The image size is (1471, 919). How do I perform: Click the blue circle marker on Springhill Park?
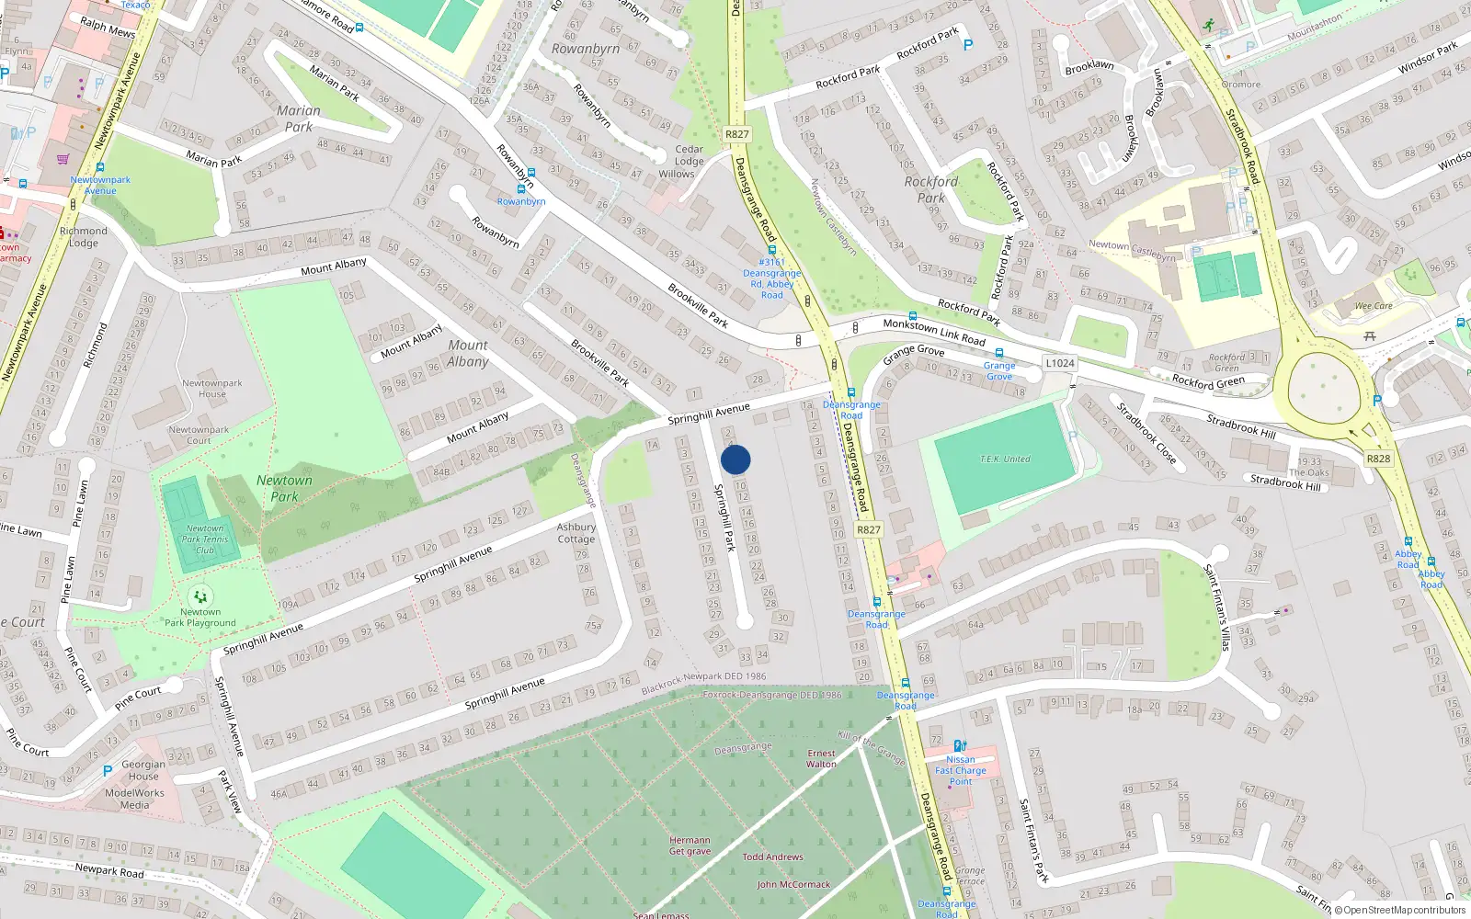click(x=735, y=459)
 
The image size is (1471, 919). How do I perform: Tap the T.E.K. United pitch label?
click(x=1005, y=459)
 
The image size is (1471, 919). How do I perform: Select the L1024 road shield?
click(x=1059, y=363)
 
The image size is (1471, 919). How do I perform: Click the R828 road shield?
click(x=1378, y=459)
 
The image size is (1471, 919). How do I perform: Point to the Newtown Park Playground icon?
click(x=200, y=597)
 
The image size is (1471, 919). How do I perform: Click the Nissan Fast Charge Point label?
click(x=961, y=770)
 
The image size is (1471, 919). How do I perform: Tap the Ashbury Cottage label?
click(x=576, y=533)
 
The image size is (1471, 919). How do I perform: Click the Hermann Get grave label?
click(x=690, y=845)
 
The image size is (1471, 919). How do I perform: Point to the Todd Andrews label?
click(x=772, y=857)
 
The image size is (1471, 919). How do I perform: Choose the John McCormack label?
click(x=793, y=884)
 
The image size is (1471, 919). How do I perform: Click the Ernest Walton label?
click(x=821, y=758)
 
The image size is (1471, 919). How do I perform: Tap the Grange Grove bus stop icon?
click(x=999, y=354)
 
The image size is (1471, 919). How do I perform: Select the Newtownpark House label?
click(x=212, y=388)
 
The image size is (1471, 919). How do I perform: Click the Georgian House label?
click(x=143, y=770)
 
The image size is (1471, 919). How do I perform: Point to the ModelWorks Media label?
click(x=134, y=799)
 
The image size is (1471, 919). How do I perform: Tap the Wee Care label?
click(x=1374, y=306)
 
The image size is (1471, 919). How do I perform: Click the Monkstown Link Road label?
click(x=934, y=332)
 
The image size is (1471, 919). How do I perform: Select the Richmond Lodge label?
click(x=83, y=237)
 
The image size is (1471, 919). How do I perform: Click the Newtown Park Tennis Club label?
click(x=204, y=539)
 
